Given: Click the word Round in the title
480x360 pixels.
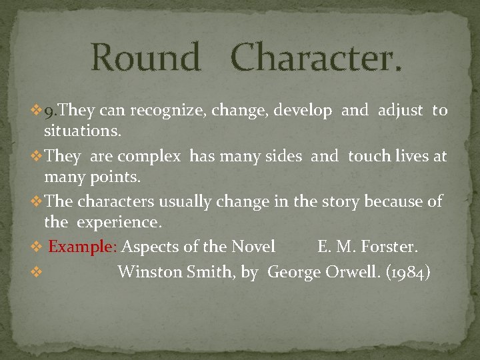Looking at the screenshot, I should click(145, 57).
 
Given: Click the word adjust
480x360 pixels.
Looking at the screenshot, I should click(400, 111).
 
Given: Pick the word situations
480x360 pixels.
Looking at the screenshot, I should click(82, 131).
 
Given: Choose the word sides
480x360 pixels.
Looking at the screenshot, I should click(286, 157).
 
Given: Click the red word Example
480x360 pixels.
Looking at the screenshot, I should click(81, 247).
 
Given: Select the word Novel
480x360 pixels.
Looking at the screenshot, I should click(253, 247).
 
